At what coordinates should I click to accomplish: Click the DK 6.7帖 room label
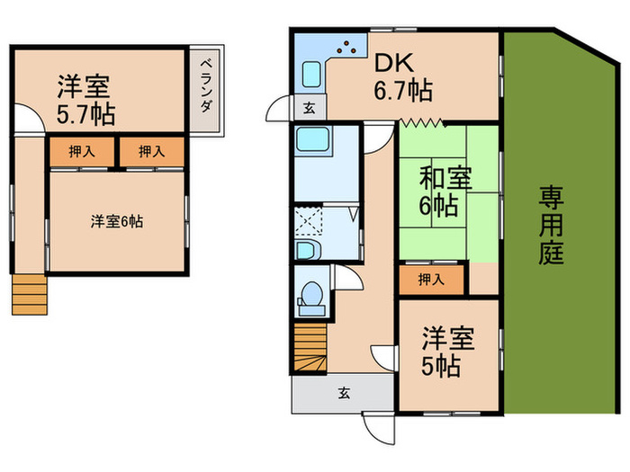point(402,76)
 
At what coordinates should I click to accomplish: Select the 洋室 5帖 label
point(442,352)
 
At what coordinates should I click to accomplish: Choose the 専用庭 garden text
point(552,224)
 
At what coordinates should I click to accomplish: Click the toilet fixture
point(310,296)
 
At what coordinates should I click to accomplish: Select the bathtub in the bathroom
point(315,142)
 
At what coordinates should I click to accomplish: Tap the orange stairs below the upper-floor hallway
point(28,293)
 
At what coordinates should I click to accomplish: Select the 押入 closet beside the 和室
point(433,279)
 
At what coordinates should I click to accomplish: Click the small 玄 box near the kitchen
point(309,108)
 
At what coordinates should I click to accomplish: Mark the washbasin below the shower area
point(307,249)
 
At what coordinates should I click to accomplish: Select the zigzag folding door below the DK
point(419,123)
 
